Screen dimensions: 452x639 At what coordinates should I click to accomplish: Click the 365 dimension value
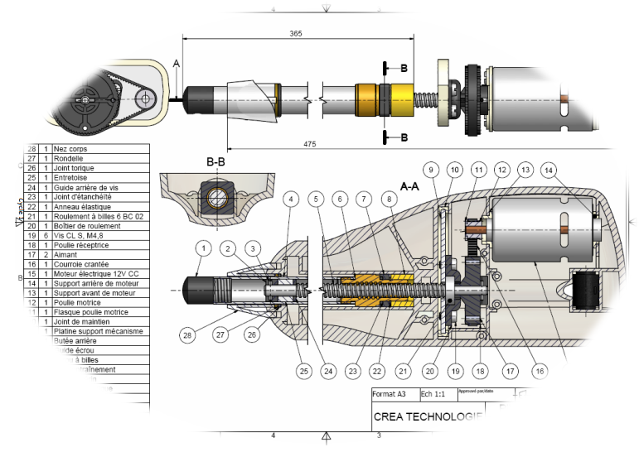(296, 33)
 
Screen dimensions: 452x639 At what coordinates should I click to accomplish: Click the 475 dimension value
(309, 143)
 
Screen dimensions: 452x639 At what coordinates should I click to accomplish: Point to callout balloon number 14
(548, 170)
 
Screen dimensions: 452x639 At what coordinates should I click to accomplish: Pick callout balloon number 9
(431, 170)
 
